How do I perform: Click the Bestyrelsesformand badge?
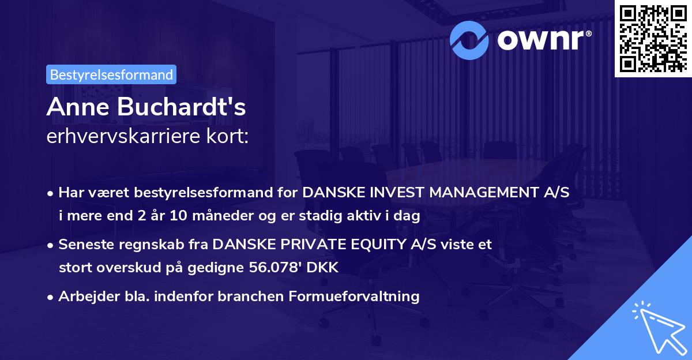pos(111,74)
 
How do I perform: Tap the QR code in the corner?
pos(653,38)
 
